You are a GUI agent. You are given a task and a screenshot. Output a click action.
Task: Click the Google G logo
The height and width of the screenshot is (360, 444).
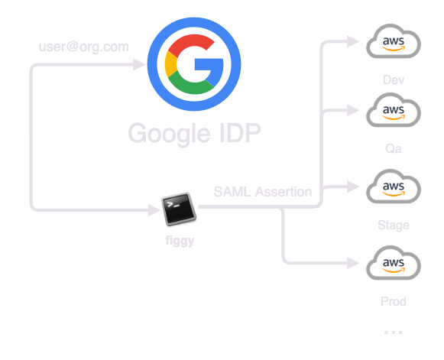[194, 64]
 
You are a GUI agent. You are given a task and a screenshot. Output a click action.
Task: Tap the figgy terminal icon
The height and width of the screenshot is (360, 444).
[179, 209]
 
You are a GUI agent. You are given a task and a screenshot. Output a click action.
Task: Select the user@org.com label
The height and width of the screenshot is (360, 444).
[84, 47]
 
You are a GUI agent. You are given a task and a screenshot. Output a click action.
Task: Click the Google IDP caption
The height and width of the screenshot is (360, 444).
[194, 133]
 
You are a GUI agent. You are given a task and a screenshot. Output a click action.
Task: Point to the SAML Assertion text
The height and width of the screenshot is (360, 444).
[263, 192]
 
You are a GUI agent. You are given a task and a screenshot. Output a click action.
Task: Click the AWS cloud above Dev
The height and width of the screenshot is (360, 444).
[394, 41]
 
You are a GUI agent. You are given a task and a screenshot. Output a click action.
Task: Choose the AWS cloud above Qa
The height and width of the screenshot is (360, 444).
[394, 110]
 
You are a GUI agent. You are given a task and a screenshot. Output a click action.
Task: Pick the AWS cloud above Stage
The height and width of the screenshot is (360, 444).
[394, 186]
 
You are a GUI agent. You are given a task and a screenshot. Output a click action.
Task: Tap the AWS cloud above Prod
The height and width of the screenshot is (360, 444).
[394, 263]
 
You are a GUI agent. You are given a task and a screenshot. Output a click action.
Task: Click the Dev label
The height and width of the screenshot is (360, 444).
[394, 80]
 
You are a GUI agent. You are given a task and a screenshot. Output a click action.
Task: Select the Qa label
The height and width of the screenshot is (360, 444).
[394, 149]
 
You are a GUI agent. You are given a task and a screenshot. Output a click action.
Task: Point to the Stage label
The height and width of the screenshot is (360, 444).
[394, 225]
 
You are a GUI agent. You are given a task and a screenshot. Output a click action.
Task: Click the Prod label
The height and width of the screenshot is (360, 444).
[394, 301]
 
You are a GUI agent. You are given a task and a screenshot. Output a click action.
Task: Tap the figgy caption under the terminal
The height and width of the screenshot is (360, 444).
[180, 241]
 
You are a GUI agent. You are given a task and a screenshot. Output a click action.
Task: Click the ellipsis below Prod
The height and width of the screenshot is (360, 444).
[394, 332]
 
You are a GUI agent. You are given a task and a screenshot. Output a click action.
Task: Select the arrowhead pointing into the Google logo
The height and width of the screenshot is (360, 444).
[139, 64]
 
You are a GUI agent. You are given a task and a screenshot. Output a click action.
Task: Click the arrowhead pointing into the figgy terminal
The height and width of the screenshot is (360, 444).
[154, 210]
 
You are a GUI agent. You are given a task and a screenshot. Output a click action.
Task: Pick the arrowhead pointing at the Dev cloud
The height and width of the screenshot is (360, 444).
[353, 41]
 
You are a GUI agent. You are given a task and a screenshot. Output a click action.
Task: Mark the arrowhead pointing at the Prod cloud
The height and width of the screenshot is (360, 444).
[353, 263]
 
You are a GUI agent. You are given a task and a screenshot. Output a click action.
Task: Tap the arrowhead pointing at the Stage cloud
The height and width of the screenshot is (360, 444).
[353, 186]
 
